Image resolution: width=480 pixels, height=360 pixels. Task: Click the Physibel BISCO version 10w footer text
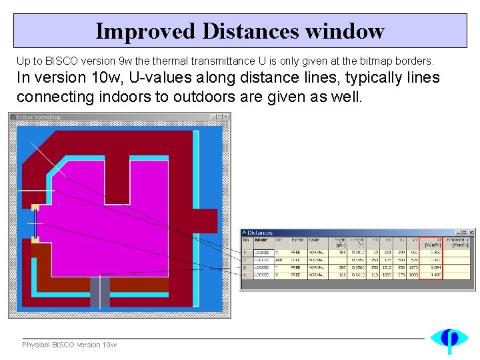coord(69,345)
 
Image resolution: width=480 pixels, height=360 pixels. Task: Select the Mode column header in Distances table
coord(261,241)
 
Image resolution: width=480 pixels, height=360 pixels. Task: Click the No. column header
coord(245,241)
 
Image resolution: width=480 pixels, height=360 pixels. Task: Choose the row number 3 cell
coord(245,267)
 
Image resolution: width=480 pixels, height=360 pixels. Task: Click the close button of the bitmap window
coord(226,117)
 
